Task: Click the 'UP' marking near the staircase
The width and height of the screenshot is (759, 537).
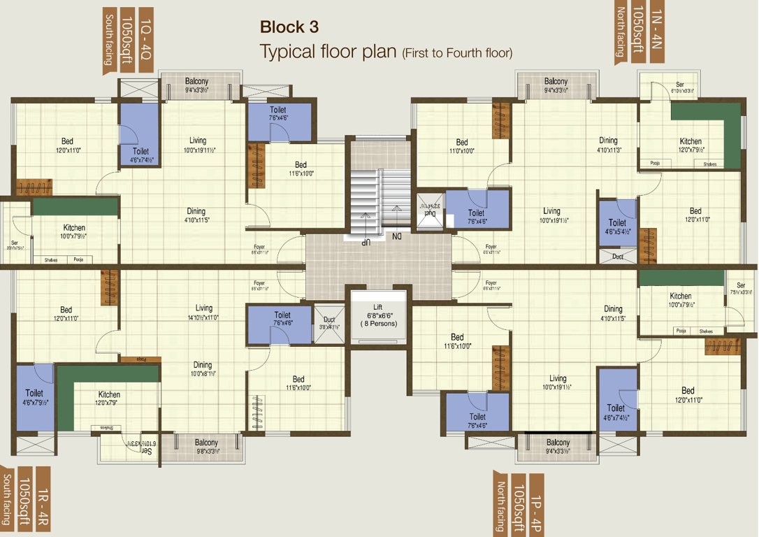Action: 365,241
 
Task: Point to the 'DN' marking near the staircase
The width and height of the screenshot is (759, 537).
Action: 397,237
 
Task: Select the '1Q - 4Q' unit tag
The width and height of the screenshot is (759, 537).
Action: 145,39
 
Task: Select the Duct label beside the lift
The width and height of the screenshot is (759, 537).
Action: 328,322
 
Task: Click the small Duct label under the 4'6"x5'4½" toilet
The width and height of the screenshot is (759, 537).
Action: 617,257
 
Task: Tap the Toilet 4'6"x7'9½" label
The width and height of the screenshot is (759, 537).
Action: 34,397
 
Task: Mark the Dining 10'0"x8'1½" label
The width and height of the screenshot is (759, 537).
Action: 203,368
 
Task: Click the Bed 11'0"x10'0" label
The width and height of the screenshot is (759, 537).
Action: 461,146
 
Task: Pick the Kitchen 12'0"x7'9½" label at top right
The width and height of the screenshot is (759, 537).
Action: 691,145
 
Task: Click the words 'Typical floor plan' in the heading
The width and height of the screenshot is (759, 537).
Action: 328,52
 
